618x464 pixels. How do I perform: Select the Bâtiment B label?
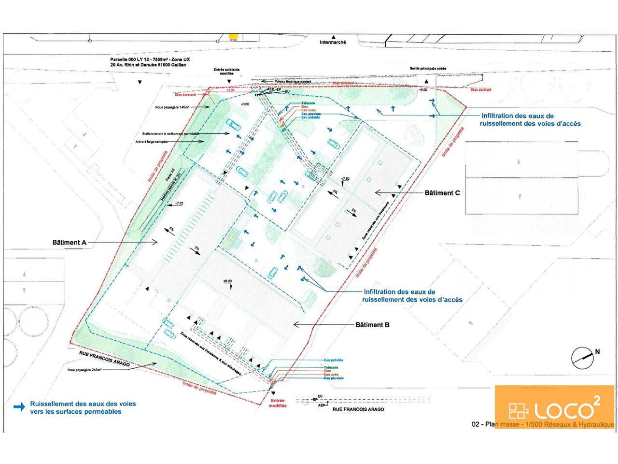(x=372, y=325)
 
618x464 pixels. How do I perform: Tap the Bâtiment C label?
(x=442, y=193)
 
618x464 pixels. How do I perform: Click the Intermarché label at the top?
(x=333, y=43)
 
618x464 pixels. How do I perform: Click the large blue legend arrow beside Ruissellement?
(x=19, y=407)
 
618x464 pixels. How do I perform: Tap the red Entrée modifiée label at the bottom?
(x=278, y=403)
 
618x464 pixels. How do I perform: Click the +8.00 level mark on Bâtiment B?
(x=227, y=281)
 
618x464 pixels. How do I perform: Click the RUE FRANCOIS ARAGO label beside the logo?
(x=358, y=409)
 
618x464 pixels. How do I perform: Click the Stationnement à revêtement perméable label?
(x=170, y=133)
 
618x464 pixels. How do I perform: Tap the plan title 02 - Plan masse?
(x=543, y=424)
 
